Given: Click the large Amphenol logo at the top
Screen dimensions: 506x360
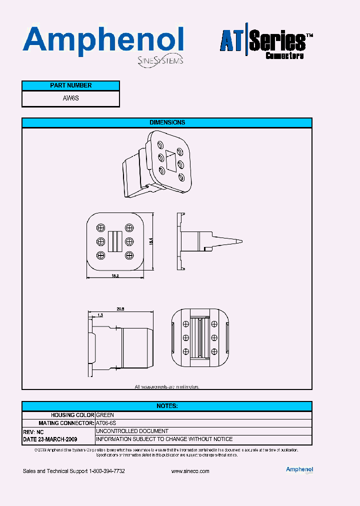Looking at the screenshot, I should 103,40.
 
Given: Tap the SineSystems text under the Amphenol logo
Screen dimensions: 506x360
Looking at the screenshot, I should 160,60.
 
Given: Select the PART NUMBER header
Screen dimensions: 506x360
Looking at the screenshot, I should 70,85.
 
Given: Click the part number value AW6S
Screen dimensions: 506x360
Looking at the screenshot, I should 70,98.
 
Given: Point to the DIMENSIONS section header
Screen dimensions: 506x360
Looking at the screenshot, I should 167,122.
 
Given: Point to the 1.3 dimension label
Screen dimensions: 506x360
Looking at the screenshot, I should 100,315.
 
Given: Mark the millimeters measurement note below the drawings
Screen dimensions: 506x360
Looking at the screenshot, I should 167,386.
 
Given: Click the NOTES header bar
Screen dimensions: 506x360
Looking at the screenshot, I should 167,406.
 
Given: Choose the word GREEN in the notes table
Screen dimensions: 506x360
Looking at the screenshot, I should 105,415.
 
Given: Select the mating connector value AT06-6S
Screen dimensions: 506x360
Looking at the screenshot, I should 106,423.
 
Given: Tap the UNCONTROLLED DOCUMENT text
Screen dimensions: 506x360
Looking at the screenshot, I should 132,431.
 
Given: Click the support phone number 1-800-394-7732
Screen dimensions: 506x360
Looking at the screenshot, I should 106,471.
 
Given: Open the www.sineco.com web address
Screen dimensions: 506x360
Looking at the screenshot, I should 190,471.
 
